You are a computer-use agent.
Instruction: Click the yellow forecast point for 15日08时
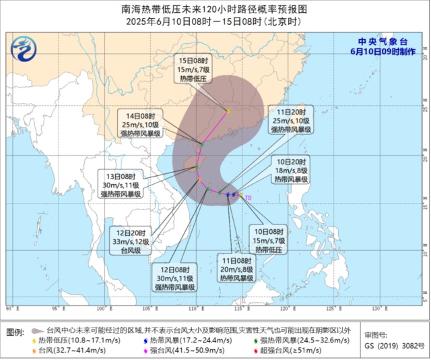click(228, 111)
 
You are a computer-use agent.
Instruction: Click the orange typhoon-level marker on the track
click(198, 179)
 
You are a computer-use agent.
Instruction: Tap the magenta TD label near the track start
click(248, 198)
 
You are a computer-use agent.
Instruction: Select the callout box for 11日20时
click(291, 119)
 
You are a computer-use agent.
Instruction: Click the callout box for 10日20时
click(291, 171)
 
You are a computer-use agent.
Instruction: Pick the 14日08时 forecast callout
click(139, 124)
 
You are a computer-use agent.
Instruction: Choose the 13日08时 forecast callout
click(121, 184)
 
